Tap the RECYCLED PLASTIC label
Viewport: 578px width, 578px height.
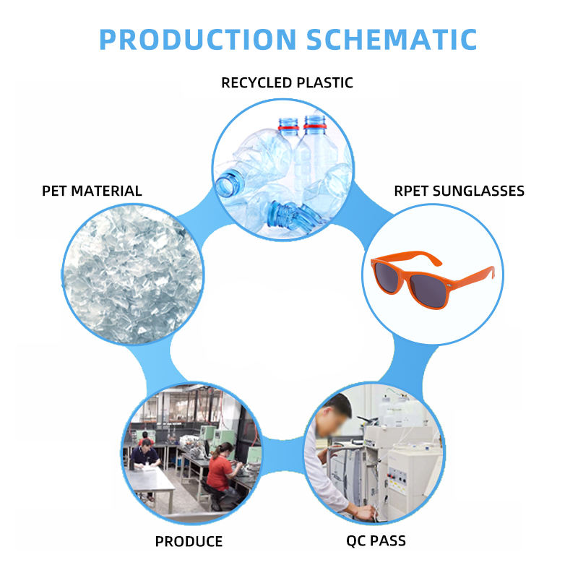[287, 82]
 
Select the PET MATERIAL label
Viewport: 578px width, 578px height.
[92, 191]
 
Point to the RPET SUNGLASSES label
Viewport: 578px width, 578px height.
[459, 191]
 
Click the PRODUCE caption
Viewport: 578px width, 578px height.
[189, 541]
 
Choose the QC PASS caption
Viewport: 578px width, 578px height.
[376, 540]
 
